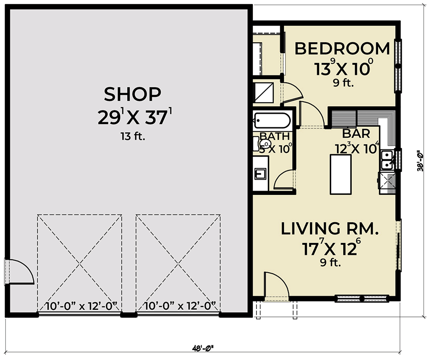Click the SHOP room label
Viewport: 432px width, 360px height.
132,94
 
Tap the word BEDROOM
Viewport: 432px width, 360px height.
342,49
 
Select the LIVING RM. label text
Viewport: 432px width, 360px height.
329,229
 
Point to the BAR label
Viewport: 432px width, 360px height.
356,134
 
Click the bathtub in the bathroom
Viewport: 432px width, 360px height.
272,121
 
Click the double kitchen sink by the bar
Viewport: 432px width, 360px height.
387,161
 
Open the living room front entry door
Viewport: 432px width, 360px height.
275,286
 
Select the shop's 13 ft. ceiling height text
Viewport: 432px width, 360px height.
132,137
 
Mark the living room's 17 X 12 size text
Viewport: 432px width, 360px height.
329,247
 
